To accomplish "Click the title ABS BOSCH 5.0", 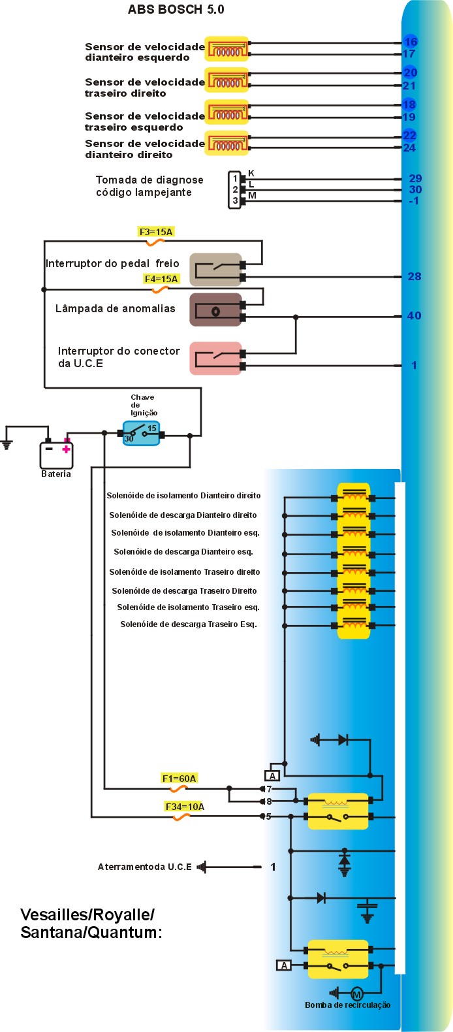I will [x=176, y=9].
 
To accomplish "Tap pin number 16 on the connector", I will [x=411, y=42].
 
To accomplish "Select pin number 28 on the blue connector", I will [x=414, y=276].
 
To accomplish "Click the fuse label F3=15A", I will [x=156, y=232].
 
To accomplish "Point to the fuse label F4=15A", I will [x=161, y=279].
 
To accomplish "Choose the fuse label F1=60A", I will [x=179, y=779].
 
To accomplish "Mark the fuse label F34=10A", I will [x=185, y=807].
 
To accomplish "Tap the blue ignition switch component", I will [x=141, y=433].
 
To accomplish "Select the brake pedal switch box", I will [x=216, y=270].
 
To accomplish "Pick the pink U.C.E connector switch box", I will [x=216, y=359].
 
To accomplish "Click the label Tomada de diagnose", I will [x=149, y=180].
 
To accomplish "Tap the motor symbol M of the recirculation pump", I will [x=357, y=994].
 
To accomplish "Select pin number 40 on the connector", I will [x=414, y=315].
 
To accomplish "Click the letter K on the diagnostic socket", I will [x=251, y=173].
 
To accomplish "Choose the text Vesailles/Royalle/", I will [x=87, y=914].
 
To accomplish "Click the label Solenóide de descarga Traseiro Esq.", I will [x=189, y=624].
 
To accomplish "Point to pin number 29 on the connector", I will [x=415, y=178].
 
